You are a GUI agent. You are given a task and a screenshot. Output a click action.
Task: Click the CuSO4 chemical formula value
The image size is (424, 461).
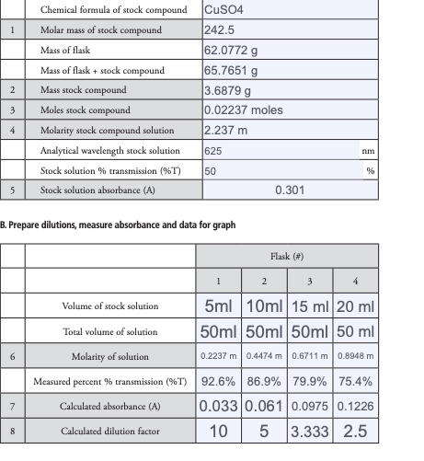pyautogui.click(x=223, y=10)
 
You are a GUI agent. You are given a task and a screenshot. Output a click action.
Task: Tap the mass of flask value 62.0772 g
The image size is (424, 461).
pyautogui.click(x=230, y=50)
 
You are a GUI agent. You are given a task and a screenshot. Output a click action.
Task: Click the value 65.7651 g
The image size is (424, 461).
pyautogui.click(x=230, y=70)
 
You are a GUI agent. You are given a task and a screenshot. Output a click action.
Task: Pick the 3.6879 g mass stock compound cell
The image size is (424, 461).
pyautogui.click(x=227, y=90)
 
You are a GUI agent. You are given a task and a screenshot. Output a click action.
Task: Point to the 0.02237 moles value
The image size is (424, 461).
pyautogui.click(x=243, y=110)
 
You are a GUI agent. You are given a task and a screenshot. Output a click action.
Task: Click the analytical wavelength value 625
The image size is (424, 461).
pyautogui.click(x=213, y=150)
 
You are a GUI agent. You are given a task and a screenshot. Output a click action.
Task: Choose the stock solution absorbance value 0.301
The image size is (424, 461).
pyautogui.click(x=290, y=190)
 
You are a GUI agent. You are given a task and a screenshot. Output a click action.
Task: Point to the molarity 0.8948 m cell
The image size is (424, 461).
pyautogui.click(x=356, y=356)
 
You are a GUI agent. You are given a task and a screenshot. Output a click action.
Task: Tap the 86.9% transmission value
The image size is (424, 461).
pyautogui.click(x=264, y=381)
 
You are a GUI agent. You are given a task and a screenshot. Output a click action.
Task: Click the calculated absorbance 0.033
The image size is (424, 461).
pyautogui.click(x=219, y=406)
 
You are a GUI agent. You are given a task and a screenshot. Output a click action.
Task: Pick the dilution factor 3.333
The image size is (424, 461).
pyautogui.click(x=310, y=431)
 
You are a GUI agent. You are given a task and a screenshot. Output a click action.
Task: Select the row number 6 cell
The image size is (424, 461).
pyautogui.click(x=12, y=356)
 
